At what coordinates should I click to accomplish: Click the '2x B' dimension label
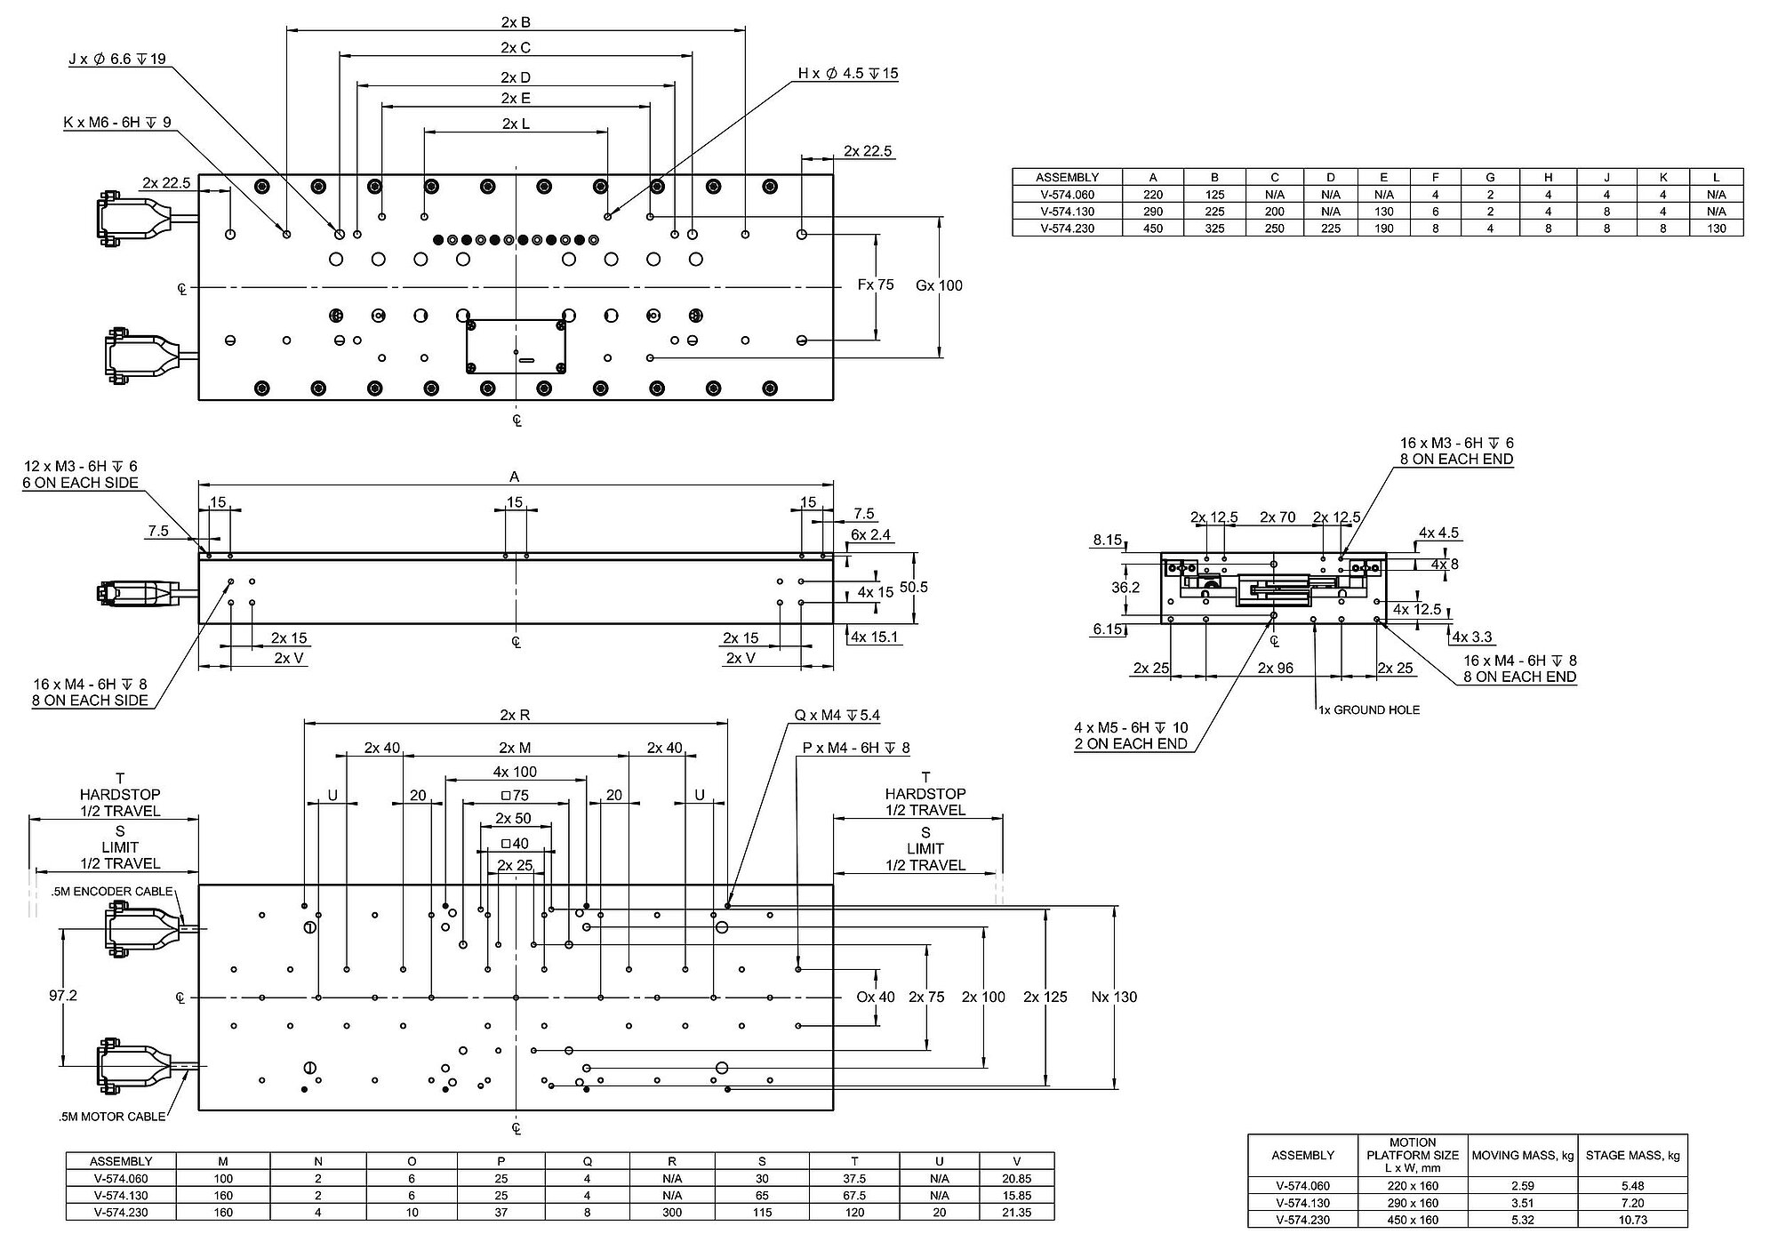pyautogui.click(x=516, y=22)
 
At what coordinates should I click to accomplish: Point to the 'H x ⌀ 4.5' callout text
pyautogui.click(x=848, y=74)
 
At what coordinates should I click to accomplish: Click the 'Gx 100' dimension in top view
pyautogui.click(x=940, y=285)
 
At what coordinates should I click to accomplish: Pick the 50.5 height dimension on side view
pyautogui.click(x=914, y=588)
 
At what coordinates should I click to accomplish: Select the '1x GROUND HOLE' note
pyautogui.click(x=1369, y=709)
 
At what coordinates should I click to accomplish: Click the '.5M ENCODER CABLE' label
pyautogui.click(x=111, y=892)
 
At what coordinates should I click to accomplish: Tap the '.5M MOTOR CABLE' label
pyautogui.click(x=108, y=1117)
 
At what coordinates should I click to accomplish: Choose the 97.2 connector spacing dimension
pyautogui.click(x=63, y=996)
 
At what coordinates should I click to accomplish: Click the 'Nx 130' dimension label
pyautogui.click(x=1114, y=998)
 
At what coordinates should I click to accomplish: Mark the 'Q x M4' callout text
pyautogui.click(x=837, y=716)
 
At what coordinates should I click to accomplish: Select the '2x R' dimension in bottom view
pyautogui.click(x=516, y=715)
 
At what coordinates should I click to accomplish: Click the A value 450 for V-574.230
pyautogui.click(x=1153, y=228)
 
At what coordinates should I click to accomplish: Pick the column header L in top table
pyautogui.click(x=1716, y=178)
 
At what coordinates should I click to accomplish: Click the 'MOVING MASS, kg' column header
pyautogui.click(x=1523, y=1156)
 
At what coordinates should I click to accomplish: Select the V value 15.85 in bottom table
pyautogui.click(x=1016, y=1196)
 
